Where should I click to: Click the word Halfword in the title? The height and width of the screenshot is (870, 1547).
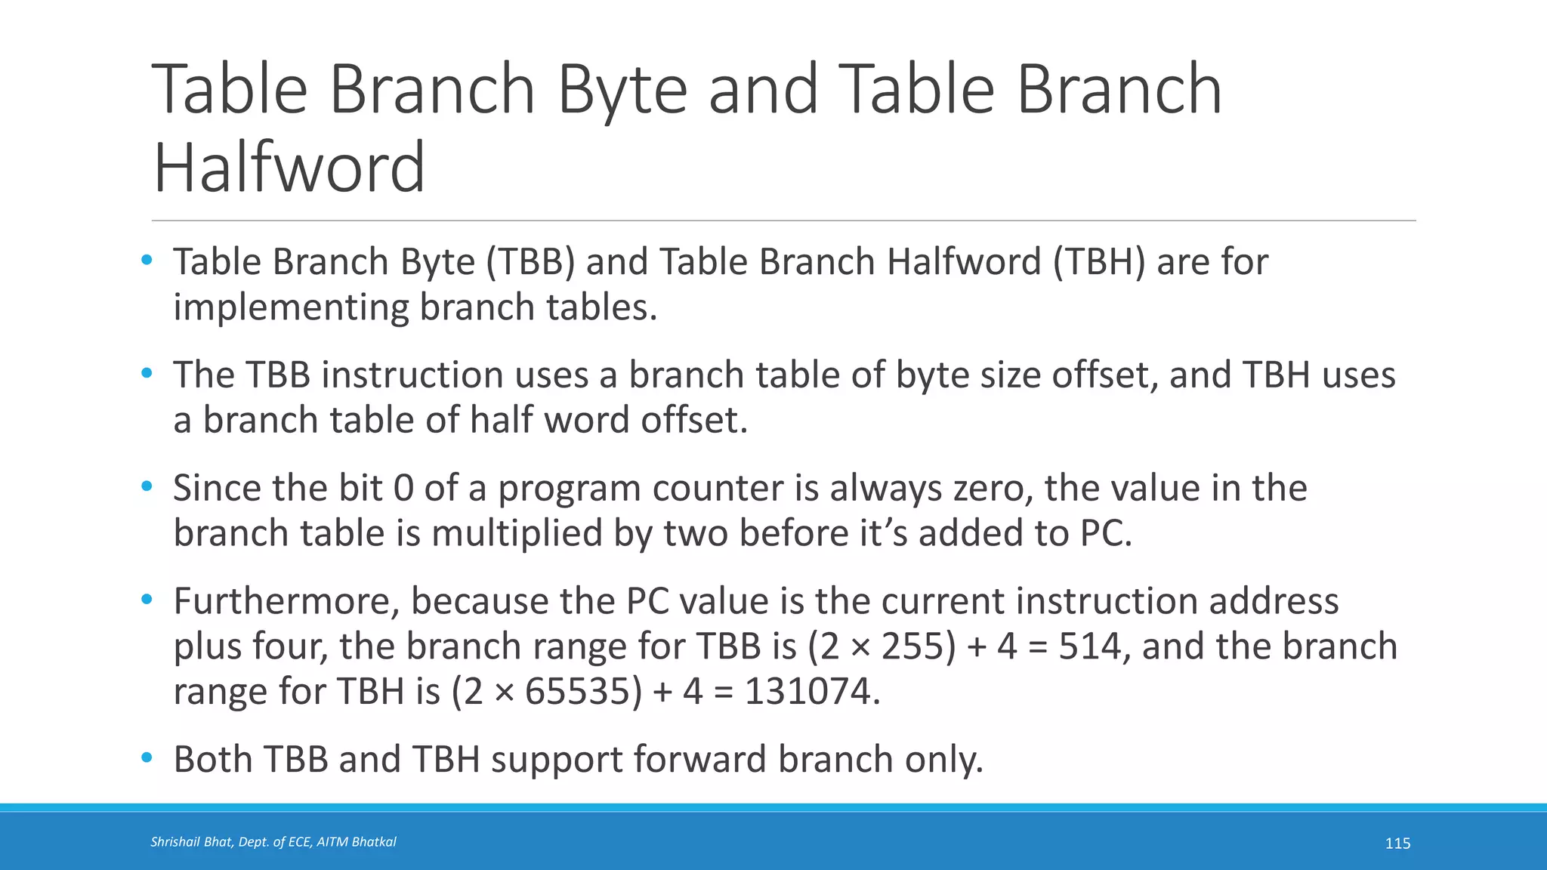[289, 167]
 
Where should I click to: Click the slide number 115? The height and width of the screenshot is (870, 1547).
[1397, 844]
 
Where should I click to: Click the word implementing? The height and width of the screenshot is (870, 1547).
[291, 307]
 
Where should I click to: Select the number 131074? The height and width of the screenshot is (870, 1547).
[812, 692]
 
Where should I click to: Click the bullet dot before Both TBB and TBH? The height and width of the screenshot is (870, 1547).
[147, 757]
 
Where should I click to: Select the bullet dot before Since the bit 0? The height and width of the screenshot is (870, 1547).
[147, 486]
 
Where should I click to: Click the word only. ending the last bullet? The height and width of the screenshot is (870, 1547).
[944, 759]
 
